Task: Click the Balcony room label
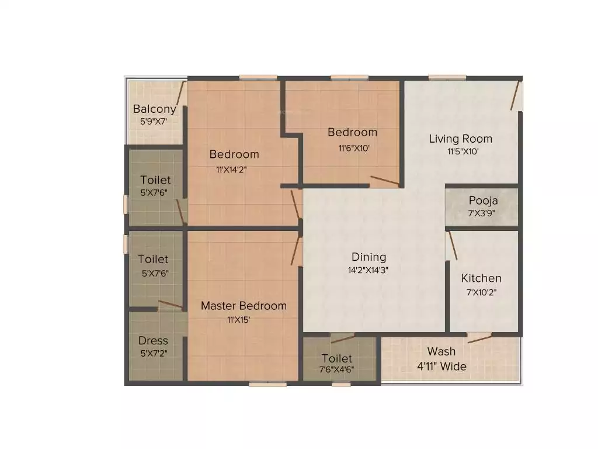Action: pyautogui.click(x=154, y=109)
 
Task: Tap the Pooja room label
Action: pyautogui.click(x=483, y=201)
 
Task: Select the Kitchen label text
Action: pyautogui.click(x=481, y=278)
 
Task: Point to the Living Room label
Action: pyautogui.click(x=460, y=139)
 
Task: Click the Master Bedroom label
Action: pyautogui.click(x=244, y=306)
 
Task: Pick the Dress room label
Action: pyautogui.click(x=153, y=340)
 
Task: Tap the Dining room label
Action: pyautogui.click(x=368, y=257)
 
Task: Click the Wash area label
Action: pyautogui.click(x=441, y=351)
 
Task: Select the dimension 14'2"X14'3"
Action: pyautogui.click(x=368, y=270)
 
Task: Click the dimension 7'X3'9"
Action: pyautogui.click(x=482, y=213)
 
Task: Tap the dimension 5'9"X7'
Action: pyautogui.click(x=154, y=122)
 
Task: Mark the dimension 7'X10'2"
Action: pyautogui.click(x=481, y=292)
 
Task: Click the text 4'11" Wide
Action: pyautogui.click(x=441, y=367)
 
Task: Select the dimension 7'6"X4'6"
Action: pyautogui.click(x=336, y=369)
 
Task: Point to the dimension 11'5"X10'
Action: pyautogui.click(x=464, y=152)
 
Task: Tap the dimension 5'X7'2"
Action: pyautogui.click(x=153, y=353)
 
